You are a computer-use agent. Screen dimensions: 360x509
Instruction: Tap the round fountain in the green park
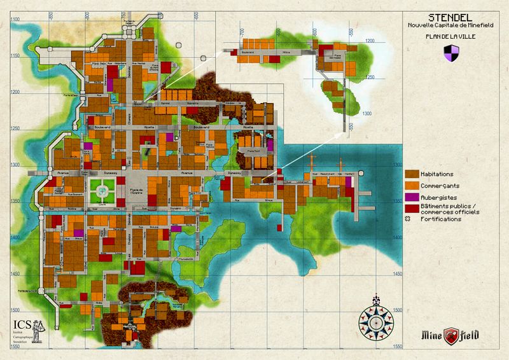[x=102, y=188]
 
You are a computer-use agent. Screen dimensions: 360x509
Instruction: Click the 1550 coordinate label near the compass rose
[x=398, y=346]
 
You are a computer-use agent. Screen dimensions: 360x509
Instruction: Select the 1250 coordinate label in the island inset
[x=368, y=77]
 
